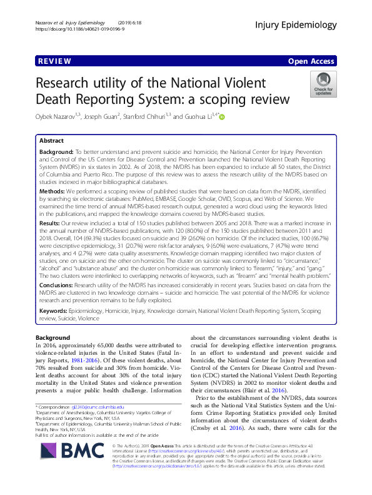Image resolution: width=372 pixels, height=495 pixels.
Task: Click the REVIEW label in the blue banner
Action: pyautogui.click(x=54, y=61)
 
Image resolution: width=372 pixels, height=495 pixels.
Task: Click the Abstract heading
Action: pyautogui.click(x=52, y=141)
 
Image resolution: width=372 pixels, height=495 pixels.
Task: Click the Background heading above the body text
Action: pyautogui.click(x=53, y=337)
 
